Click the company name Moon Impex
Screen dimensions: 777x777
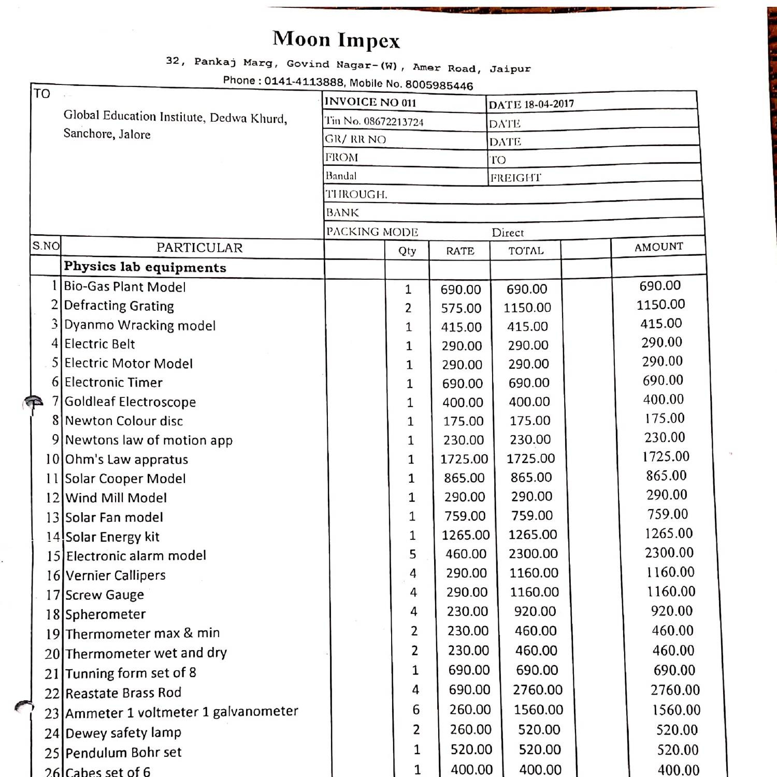(x=336, y=39)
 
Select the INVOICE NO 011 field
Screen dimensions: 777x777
(x=370, y=102)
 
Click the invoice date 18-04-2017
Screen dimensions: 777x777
(x=549, y=104)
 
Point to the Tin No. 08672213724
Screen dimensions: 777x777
(x=374, y=121)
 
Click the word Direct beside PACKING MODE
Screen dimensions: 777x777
(x=507, y=233)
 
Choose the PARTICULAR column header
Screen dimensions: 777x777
(x=199, y=248)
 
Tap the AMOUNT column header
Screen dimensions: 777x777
(x=658, y=247)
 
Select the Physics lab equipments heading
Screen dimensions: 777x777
(x=145, y=267)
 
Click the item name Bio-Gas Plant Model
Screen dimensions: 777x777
(x=124, y=287)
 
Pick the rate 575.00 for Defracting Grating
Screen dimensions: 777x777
(x=461, y=308)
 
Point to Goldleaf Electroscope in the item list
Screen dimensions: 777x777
(x=130, y=401)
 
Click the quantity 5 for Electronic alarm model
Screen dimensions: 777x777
(x=412, y=554)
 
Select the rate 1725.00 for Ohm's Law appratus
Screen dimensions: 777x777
(x=464, y=459)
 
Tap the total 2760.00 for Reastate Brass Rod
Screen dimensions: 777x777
(x=537, y=690)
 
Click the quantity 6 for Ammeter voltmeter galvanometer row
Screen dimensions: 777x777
(x=415, y=710)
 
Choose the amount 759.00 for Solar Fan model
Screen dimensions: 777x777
(x=667, y=514)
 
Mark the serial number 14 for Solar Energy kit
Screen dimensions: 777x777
(x=53, y=537)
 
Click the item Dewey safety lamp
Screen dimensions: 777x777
(x=123, y=733)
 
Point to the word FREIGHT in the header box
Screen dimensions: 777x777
(x=515, y=178)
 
